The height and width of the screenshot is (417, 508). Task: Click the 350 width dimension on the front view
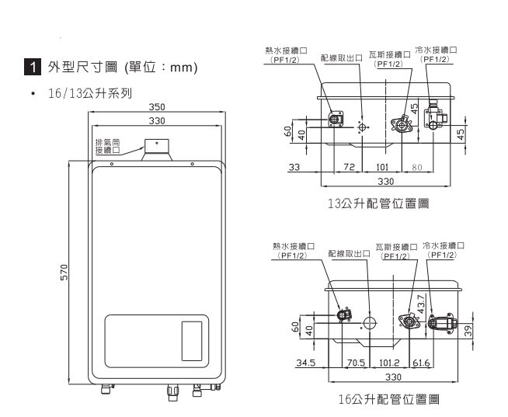click(x=158, y=106)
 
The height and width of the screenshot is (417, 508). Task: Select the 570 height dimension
click(x=64, y=273)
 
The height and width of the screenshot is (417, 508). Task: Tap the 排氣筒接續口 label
click(x=106, y=147)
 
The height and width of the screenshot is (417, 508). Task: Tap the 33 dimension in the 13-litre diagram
click(x=294, y=167)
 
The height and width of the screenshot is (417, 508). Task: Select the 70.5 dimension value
click(x=355, y=362)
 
